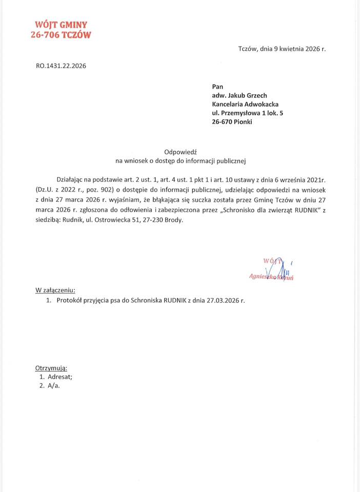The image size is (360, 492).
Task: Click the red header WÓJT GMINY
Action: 61,24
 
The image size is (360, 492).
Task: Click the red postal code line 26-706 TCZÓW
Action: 61,35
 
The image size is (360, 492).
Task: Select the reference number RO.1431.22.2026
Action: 61,66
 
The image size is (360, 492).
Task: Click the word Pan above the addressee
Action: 217,86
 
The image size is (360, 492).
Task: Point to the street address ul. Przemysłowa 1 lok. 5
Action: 247,112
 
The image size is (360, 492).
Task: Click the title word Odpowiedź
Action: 181,152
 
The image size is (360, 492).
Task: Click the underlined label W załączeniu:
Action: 55,290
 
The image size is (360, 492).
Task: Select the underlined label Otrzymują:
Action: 51,368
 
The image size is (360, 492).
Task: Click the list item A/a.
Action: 53,385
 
